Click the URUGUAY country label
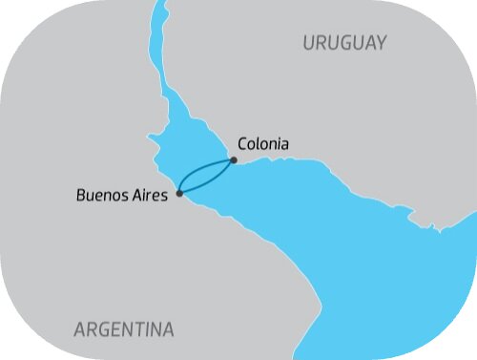[344, 43]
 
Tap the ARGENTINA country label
[124, 329]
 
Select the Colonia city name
[262, 144]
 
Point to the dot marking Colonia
[234, 160]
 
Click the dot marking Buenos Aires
[179, 193]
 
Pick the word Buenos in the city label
[104, 194]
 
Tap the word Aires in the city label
[152, 194]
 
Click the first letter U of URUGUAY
[309, 43]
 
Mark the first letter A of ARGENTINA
[80, 329]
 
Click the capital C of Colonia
[241, 144]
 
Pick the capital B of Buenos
[79, 194]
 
